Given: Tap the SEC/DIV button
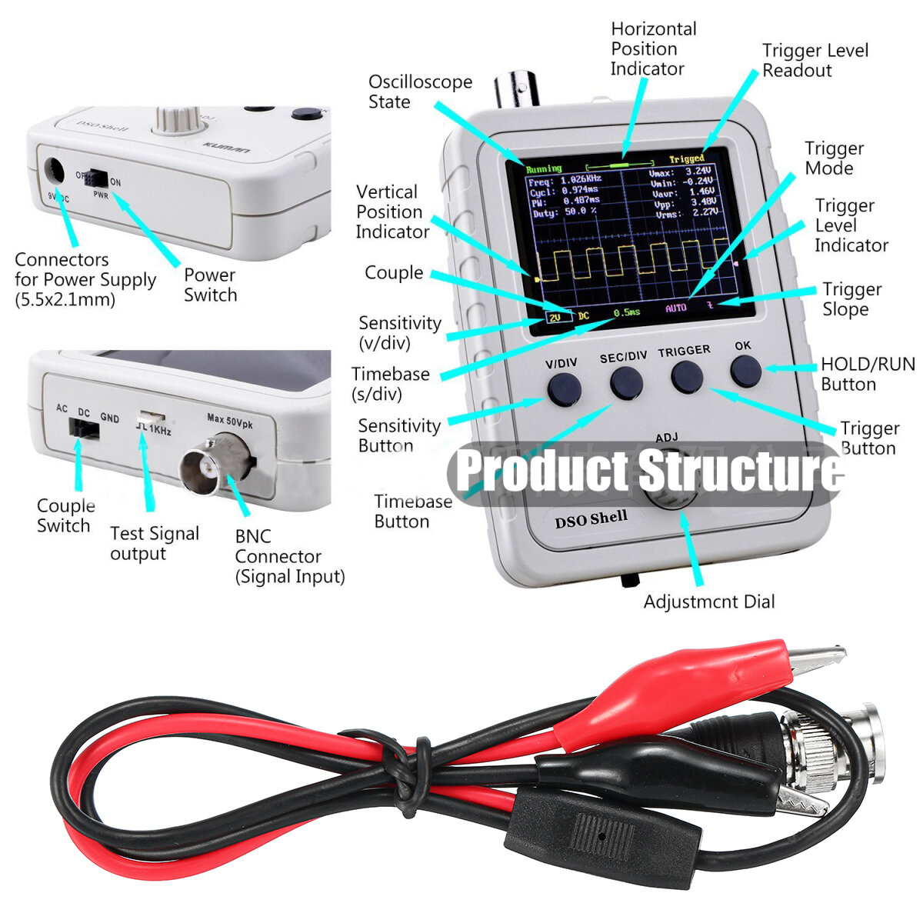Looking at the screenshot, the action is [x=626, y=382].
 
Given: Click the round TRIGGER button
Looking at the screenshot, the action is [x=687, y=377].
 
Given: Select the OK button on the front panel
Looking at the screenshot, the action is [x=745, y=372].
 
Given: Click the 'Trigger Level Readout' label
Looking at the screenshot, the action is [x=814, y=61].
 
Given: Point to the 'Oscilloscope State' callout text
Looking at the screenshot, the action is [x=419, y=92].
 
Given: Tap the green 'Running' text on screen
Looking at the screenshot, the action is [x=544, y=168].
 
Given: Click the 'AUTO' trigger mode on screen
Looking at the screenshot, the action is [x=675, y=308].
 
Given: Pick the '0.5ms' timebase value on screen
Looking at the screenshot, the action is [x=626, y=312].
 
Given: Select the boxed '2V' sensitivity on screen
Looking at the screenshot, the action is [x=555, y=317].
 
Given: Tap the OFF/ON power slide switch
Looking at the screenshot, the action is [x=96, y=178].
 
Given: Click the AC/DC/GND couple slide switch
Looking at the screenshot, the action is [x=84, y=429].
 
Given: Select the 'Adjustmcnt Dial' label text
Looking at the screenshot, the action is [x=708, y=601].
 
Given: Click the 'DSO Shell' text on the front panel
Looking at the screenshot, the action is [x=591, y=519].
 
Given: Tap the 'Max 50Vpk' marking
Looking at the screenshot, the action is [x=229, y=419].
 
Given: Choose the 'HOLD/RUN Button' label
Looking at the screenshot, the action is [x=867, y=374].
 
